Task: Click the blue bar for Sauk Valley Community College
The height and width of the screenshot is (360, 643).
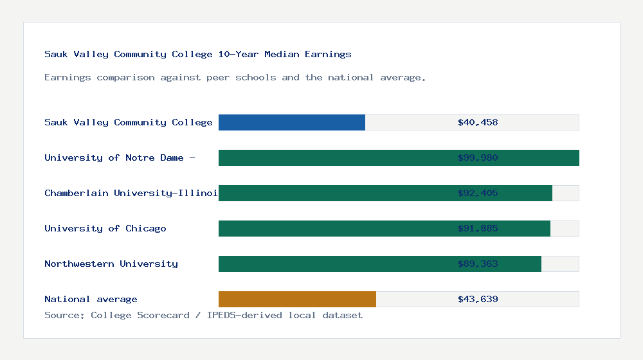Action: tap(292, 122)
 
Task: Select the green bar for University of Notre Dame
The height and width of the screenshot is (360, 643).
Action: tap(399, 157)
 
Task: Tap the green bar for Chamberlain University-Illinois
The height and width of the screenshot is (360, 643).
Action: tap(385, 193)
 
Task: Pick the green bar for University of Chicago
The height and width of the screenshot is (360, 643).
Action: tap(385, 228)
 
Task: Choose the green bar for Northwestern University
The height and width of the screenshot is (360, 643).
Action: tap(380, 264)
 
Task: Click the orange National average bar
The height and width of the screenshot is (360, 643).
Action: tap(297, 299)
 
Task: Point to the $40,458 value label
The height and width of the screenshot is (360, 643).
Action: tap(478, 122)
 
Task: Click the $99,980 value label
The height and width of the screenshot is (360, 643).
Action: tap(478, 157)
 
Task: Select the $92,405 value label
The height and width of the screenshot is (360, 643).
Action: tap(478, 193)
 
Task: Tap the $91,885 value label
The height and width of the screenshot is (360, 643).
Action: tap(478, 228)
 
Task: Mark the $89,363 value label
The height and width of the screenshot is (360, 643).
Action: tap(478, 264)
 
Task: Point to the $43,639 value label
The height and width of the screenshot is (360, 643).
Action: tap(478, 299)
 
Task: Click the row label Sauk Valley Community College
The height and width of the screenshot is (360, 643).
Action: tap(129, 122)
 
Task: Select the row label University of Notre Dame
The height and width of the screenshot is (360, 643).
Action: tap(120, 157)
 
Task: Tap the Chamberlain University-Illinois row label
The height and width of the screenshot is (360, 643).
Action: tap(131, 193)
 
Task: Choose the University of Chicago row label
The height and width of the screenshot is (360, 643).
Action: tap(105, 228)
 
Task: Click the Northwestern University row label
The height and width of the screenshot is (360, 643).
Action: tap(111, 264)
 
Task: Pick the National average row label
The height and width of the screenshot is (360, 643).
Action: tap(91, 299)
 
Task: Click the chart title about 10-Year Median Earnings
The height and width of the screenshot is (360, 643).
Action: tap(198, 54)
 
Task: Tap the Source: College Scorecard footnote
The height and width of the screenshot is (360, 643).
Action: tap(203, 315)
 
